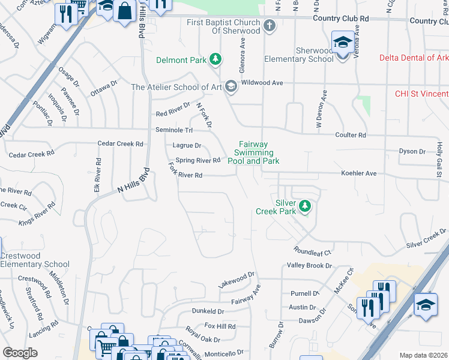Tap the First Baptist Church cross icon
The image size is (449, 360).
(x=270, y=25)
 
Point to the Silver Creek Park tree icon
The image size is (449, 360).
(x=306, y=206)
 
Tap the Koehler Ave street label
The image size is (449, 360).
(x=358, y=173)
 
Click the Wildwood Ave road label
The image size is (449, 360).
(x=261, y=82)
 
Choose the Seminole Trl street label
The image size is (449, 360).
(x=174, y=130)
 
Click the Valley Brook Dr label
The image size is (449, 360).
(x=310, y=265)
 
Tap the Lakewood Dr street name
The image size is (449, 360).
(x=237, y=280)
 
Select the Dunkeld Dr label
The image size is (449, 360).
(x=208, y=311)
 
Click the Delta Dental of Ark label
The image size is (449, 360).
(x=414, y=58)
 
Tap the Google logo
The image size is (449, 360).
(x=20, y=353)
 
